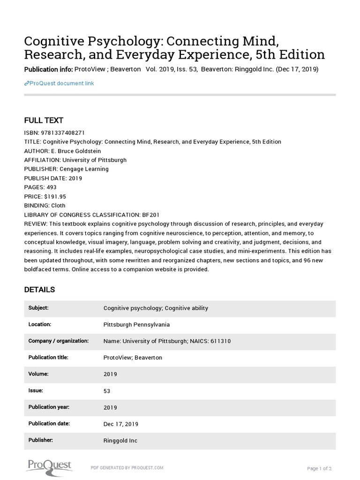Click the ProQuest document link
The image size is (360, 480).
point(60,83)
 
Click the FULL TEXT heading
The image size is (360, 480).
point(44,120)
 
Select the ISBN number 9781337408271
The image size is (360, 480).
point(63,133)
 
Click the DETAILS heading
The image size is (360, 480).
point(39,290)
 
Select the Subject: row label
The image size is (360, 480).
point(38,308)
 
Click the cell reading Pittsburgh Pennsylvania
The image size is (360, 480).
point(136,324)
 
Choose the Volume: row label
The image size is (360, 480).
point(38,374)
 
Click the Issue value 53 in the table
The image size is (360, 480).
point(107,391)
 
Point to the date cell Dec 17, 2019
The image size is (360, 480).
point(121,424)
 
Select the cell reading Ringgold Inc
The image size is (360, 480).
point(120,441)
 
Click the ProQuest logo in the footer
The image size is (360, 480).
point(48,465)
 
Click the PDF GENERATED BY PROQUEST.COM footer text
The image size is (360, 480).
point(127,468)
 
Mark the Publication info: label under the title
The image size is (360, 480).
point(48,69)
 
